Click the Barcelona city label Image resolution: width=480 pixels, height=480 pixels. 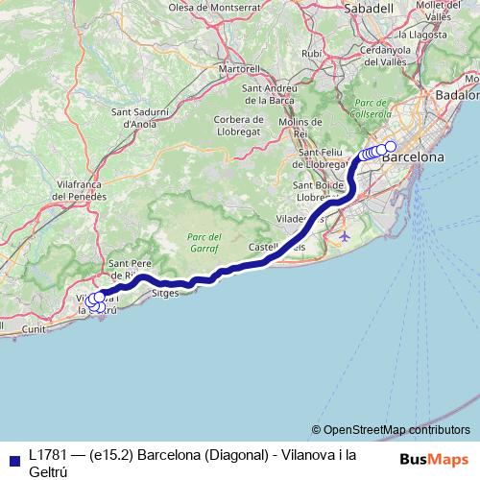(413, 156)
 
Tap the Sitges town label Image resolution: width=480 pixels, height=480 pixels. (166, 295)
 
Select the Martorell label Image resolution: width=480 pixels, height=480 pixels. (240, 69)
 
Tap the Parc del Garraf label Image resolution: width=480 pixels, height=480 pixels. (204, 241)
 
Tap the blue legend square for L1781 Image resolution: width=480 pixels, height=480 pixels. (13, 459)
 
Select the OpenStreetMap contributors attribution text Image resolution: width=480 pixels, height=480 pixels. (396, 429)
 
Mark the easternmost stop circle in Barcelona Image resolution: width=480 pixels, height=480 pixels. (390, 147)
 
